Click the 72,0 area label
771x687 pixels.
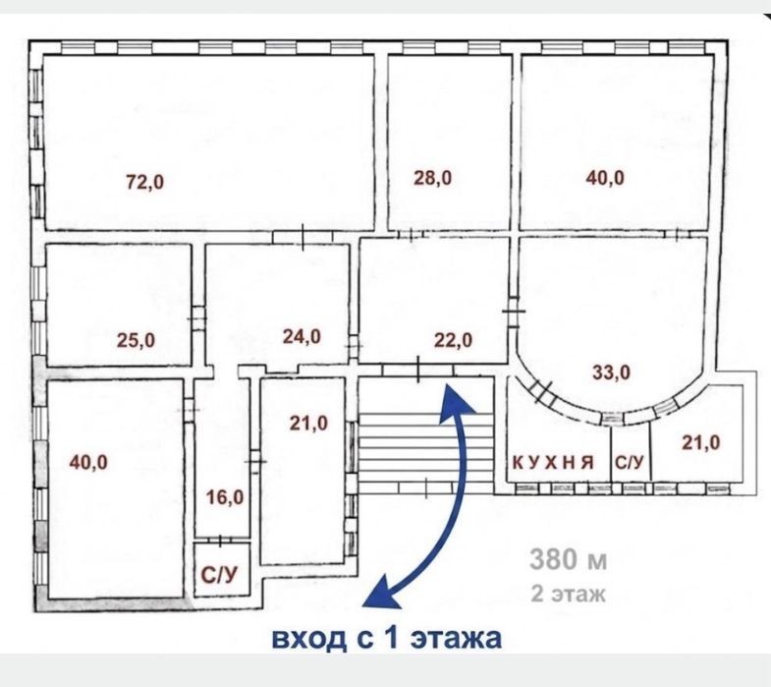click(x=145, y=182)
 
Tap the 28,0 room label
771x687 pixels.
click(x=433, y=177)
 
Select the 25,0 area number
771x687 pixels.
click(x=136, y=340)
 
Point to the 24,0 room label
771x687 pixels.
click(x=302, y=336)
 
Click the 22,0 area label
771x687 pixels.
click(x=453, y=340)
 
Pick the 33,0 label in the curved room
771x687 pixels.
click(x=611, y=372)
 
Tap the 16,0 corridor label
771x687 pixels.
click(x=225, y=497)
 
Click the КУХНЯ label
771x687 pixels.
click(x=554, y=463)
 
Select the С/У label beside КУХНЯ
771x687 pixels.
click(x=630, y=463)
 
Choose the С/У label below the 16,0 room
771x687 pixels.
click(x=219, y=575)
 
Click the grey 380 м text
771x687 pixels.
click(x=569, y=559)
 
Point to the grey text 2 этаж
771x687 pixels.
click(x=568, y=594)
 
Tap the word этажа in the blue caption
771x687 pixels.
click(x=456, y=638)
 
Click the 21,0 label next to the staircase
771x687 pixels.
click(x=308, y=423)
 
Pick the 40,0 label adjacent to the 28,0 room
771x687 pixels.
click(x=605, y=177)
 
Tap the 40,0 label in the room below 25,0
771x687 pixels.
click(x=88, y=463)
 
